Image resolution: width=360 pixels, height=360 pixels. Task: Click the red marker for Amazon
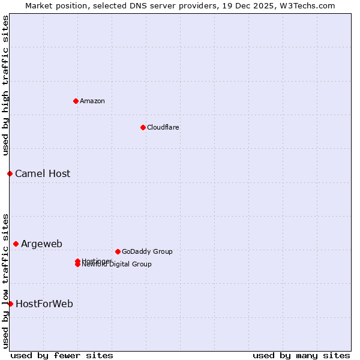tap(76, 101)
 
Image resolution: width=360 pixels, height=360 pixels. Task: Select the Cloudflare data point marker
tap(143, 127)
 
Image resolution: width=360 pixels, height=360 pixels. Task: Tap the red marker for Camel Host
tap(10, 173)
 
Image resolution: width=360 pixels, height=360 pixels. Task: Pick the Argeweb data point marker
tap(16, 244)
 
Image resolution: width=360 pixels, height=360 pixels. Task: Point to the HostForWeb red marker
tap(10, 304)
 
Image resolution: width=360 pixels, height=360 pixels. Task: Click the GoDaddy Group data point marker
tap(118, 251)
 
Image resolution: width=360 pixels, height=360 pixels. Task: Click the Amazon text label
tap(92, 101)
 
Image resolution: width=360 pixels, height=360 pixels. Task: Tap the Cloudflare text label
tap(163, 127)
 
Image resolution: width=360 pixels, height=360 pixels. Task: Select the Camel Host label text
tap(43, 173)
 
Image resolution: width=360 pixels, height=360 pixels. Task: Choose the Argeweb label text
tap(41, 244)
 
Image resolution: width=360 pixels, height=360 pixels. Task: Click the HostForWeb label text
tap(44, 304)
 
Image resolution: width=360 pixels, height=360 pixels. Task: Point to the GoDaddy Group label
tap(147, 251)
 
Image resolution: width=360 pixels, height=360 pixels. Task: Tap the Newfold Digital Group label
tap(118, 265)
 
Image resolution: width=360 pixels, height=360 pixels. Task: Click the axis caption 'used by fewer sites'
tap(62, 355)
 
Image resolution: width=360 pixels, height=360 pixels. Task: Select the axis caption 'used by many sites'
tap(301, 355)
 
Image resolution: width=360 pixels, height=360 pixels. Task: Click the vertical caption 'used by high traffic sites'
tap(5, 85)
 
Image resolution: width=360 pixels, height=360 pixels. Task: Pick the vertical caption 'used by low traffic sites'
tap(5, 280)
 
